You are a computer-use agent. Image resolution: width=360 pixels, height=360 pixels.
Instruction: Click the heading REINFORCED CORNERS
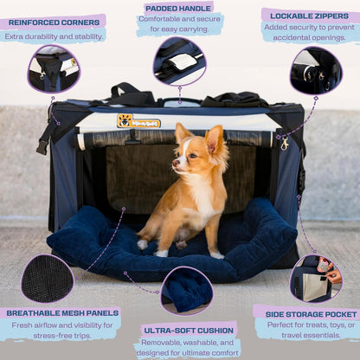pos(53,22)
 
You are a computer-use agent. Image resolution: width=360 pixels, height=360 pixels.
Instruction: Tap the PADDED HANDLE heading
pos(179,8)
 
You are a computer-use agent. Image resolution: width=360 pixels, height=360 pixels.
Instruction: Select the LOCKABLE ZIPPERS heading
pos(309,16)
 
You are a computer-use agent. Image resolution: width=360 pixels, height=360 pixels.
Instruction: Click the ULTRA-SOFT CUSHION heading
pos(188,329)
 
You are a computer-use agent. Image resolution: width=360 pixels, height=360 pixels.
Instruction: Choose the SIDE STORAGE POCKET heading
pos(306,311)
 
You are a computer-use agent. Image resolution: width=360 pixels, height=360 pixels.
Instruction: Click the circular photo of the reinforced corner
pos(53,69)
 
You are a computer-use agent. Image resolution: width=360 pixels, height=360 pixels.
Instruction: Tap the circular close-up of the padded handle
pos(179,61)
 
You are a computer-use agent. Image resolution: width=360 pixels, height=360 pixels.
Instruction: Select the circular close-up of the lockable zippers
pos(315,71)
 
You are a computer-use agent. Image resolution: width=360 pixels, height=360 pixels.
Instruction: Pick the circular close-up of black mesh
pos(47,279)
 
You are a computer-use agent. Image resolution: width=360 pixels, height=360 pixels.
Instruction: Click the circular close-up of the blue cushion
pos(186,291)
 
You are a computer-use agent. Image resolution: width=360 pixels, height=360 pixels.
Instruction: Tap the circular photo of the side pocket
pos(315,278)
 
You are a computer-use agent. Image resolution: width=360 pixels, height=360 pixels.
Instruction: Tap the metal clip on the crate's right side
pos(284,144)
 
